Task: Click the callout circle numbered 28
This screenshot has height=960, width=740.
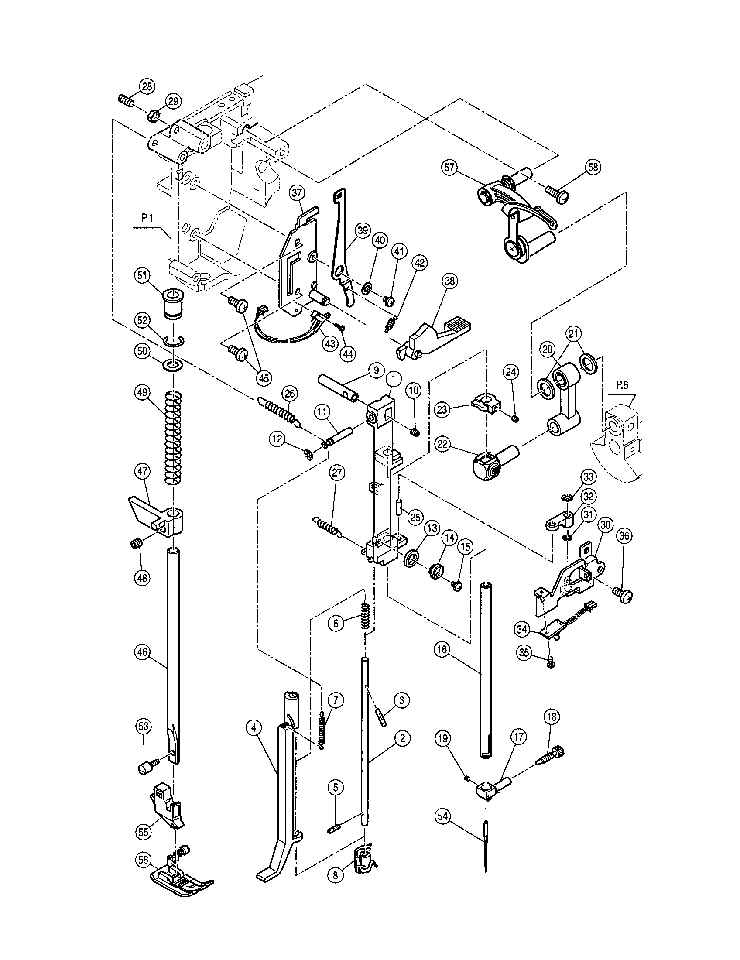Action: pyautogui.click(x=147, y=86)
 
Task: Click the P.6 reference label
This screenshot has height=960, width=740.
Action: pyautogui.click(x=622, y=385)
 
